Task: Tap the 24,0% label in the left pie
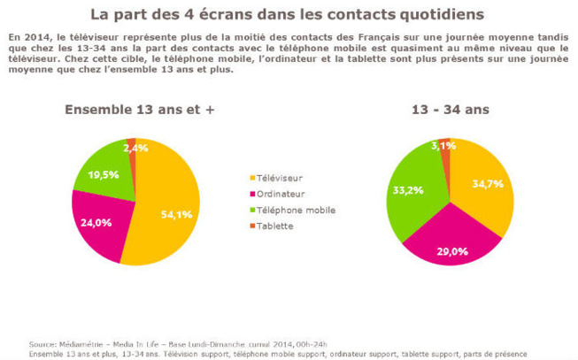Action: click(x=96, y=224)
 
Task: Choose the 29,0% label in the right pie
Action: click(x=451, y=252)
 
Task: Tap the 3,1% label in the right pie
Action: click(x=444, y=145)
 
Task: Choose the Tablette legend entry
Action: click(x=276, y=226)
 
